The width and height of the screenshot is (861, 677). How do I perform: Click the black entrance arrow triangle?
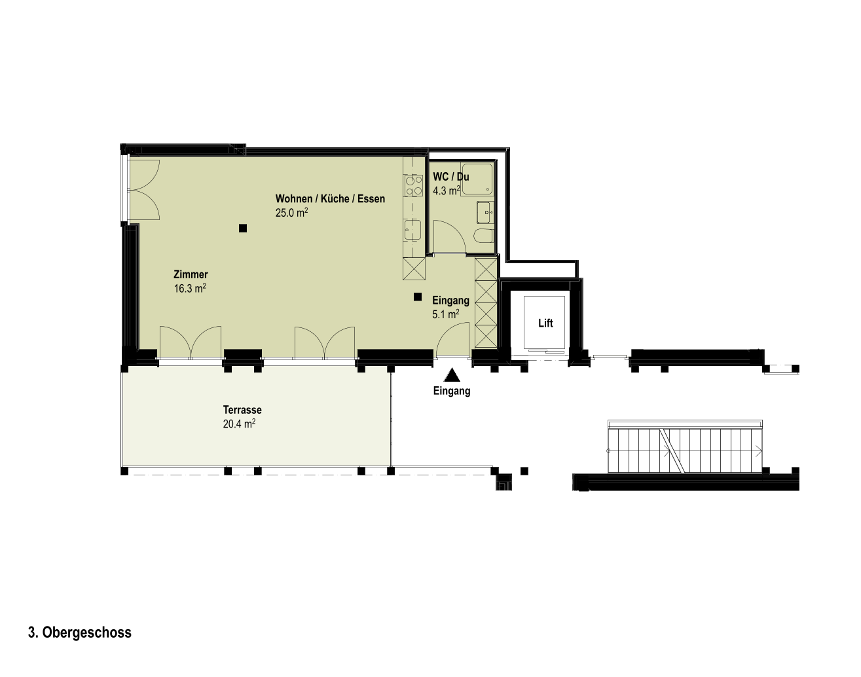[x=452, y=375]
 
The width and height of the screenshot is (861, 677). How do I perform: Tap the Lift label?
[x=545, y=323]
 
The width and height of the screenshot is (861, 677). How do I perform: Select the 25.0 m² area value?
[x=291, y=212]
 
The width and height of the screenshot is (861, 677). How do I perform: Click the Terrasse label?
[x=242, y=410]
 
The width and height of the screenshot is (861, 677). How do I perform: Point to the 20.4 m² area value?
[x=239, y=424]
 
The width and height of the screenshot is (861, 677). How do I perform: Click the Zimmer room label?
[x=191, y=274]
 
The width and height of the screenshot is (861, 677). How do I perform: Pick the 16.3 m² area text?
[x=190, y=288]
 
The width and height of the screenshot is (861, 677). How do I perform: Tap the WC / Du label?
[x=451, y=177]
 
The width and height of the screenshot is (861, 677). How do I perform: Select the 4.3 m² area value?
[x=446, y=191]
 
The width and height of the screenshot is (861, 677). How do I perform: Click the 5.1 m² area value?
[x=445, y=314]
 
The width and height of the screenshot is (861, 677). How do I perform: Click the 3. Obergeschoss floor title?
[x=80, y=632]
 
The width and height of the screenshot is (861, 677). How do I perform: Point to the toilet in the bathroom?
[x=483, y=236]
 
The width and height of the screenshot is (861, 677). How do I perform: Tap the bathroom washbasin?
[x=485, y=212]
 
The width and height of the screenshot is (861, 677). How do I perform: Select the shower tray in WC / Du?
[x=477, y=179]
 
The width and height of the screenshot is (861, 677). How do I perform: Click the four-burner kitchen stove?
[x=414, y=186]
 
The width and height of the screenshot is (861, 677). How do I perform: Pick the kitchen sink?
[x=412, y=230]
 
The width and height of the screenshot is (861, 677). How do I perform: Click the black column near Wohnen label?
[x=242, y=228]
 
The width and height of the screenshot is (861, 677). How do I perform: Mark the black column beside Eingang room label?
[x=418, y=297]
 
